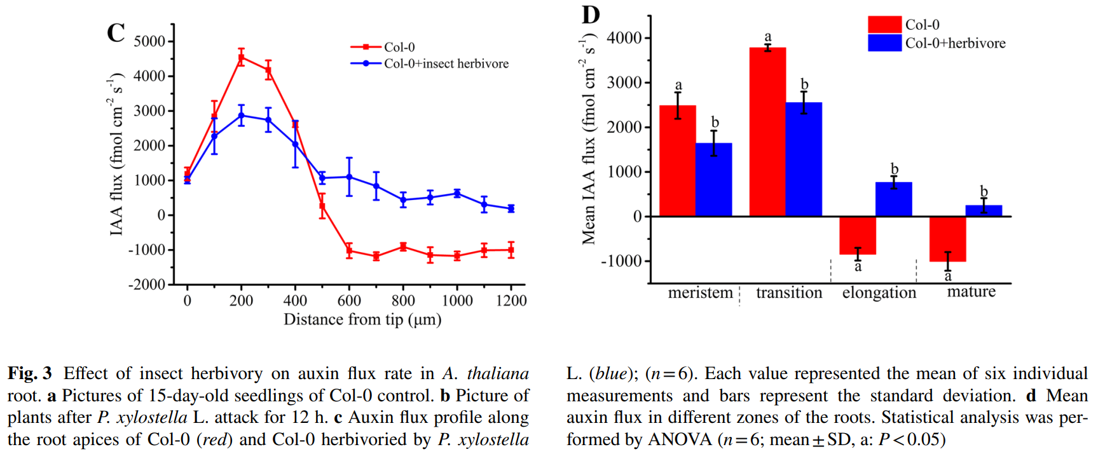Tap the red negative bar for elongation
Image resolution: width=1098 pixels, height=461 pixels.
(858, 236)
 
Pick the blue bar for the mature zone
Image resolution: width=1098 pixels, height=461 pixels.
(984, 211)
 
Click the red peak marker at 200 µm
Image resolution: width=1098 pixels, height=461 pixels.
(241, 58)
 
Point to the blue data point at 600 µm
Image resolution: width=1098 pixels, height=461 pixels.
(349, 177)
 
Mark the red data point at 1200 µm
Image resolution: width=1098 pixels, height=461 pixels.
(511, 250)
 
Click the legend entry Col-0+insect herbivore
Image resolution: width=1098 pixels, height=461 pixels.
(446, 63)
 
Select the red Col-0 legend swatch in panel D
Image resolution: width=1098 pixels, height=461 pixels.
(884, 25)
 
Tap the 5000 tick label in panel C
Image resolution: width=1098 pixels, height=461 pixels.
(149, 41)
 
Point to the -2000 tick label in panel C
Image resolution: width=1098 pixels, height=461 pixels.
(147, 284)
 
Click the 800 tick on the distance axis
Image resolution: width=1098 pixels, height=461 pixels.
(403, 300)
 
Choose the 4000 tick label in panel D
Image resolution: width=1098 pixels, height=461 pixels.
(624, 38)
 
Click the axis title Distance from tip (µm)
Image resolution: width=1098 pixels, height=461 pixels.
(362, 319)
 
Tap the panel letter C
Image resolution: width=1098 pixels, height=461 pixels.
(116, 33)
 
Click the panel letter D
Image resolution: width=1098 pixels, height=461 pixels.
(591, 15)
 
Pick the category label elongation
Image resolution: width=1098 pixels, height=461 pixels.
(879, 293)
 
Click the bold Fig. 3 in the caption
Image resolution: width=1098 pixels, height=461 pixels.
(29, 373)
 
